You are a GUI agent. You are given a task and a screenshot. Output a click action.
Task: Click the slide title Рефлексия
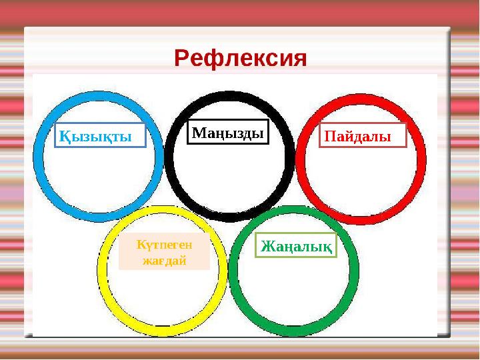[x=241, y=59]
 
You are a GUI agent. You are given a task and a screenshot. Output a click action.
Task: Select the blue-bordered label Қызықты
[x=100, y=136]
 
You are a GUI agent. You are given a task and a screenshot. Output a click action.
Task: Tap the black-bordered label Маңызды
[x=227, y=133]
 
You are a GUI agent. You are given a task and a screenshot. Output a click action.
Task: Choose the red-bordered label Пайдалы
[x=363, y=136]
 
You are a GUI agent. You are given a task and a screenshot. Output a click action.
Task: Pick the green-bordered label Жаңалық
[x=297, y=246]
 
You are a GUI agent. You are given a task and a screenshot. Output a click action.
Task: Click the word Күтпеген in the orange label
[x=164, y=245]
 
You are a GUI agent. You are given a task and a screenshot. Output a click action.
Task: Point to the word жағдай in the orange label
[x=164, y=261]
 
